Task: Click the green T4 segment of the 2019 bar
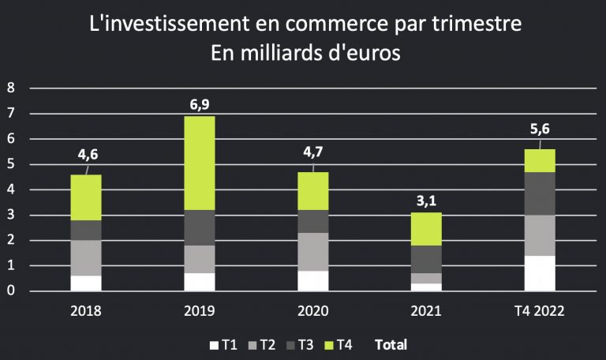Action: pyautogui.click(x=199, y=163)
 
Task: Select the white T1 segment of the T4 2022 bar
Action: pyautogui.click(x=540, y=273)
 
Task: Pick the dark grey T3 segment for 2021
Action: pyautogui.click(x=426, y=260)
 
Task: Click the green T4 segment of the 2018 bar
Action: pyautogui.click(x=85, y=197)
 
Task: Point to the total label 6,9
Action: pyautogui.click(x=199, y=104)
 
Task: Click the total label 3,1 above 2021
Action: pyautogui.click(x=426, y=201)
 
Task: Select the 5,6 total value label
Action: pyautogui.click(x=540, y=131)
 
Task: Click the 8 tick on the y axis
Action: pyautogui.click(x=11, y=88)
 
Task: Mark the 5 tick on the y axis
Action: pyautogui.click(x=11, y=164)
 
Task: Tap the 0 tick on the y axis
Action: pyautogui.click(x=11, y=291)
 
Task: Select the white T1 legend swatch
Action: pyautogui.click(x=213, y=344)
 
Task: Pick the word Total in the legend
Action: pyautogui.click(x=391, y=344)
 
